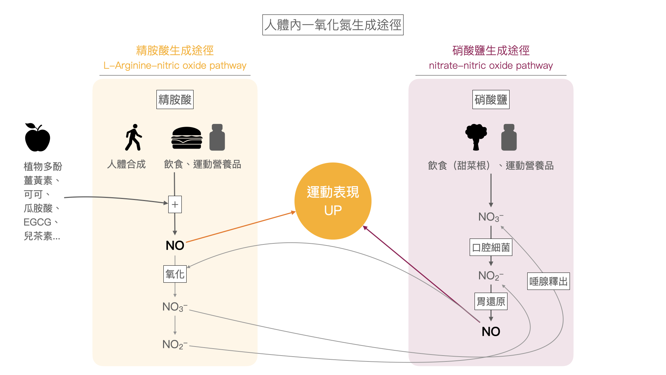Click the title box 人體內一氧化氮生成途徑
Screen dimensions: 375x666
[x=333, y=25]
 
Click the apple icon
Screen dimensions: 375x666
[x=37, y=138]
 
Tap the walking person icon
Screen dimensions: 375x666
[x=133, y=137]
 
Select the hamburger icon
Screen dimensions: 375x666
[x=187, y=138]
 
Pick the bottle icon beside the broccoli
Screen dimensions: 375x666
[x=509, y=137]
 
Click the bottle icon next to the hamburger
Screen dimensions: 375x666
[x=217, y=137]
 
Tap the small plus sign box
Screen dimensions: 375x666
[x=175, y=205]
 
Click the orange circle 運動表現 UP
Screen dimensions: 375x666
[x=333, y=201]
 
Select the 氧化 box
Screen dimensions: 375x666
[x=175, y=274]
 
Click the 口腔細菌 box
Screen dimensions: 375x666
[x=491, y=247]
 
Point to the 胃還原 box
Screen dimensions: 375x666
[x=491, y=301]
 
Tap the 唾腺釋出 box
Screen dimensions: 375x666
[x=548, y=281]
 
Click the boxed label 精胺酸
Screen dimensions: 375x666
[x=175, y=100]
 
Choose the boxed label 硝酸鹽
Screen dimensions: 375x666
[x=491, y=100]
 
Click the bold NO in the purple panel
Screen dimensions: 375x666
[x=491, y=332]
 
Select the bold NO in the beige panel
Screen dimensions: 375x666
[x=175, y=245]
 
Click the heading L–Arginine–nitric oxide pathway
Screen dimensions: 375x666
[x=175, y=66]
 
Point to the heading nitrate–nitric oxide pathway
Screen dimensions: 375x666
[x=491, y=66]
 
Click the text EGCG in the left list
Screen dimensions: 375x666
[x=37, y=222]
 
